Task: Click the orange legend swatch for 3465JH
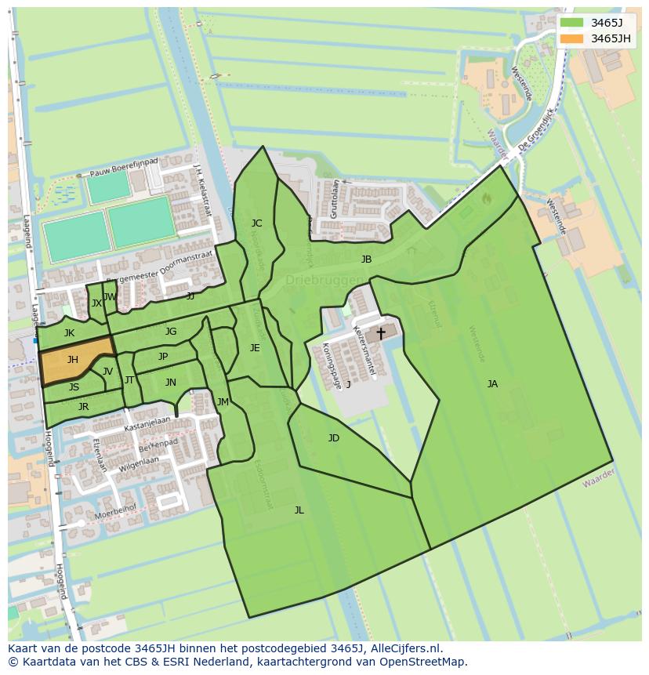coord(572,38)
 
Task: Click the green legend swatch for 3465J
coord(572,22)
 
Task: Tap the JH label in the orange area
coord(72,360)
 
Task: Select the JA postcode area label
coord(492,383)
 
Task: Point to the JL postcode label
coord(299,510)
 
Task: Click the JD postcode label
coord(333,437)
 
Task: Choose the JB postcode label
coord(366,259)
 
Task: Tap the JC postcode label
coord(256,223)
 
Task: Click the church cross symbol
coord(381,333)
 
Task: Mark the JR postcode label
coord(83,406)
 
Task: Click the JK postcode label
coord(69,333)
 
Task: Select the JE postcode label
coord(255,347)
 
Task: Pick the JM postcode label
coord(223,401)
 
